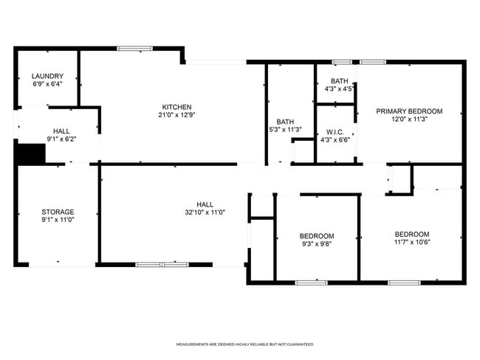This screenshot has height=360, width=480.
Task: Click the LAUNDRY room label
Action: (x=47, y=76)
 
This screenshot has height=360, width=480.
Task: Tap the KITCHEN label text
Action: (x=176, y=106)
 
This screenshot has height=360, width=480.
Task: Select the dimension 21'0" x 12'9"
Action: (x=176, y=114)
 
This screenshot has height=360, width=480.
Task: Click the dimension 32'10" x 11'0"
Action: (x=205, y=212)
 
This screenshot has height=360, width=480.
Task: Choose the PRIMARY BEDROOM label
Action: (x=409, y=111)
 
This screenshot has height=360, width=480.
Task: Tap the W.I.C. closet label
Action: (x=336, y=132)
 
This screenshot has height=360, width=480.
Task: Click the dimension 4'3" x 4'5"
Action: (x=339, y=89)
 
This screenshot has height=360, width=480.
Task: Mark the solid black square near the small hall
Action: (x=31, y=154)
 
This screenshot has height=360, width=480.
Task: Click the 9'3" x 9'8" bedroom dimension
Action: (x=317, y=244)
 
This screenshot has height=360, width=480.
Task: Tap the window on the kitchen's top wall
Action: (x=134, y=49)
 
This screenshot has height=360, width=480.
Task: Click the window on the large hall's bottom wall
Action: (x=162, y=263)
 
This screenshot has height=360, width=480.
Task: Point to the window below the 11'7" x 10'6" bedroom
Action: (x=404, y=282)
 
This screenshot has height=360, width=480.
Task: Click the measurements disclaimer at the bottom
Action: (x=244, y=345)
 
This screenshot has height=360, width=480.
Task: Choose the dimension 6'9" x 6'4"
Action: (x=47, y=84)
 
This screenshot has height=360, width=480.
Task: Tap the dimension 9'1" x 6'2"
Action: (x=61, y=138)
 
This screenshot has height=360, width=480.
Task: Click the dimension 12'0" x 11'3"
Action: (x=409, y=120)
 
